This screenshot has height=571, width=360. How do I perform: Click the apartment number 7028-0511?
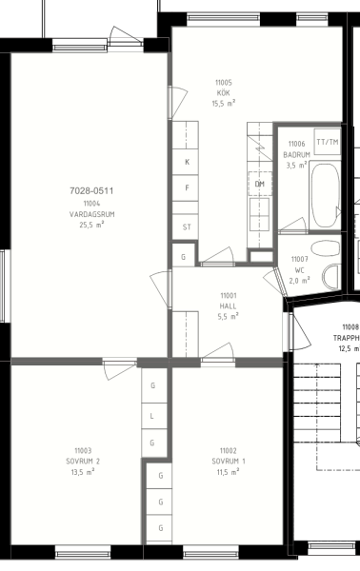[x=91, y=191]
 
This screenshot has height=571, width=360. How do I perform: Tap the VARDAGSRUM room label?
[x=91, y=214]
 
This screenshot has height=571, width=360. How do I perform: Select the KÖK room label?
[x=224, y=93]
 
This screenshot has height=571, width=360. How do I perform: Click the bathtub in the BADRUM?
[x=325, y=195]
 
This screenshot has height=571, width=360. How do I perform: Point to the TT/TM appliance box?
[x=328, y=142]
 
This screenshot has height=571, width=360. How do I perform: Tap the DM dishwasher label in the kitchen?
[x=260, y=184]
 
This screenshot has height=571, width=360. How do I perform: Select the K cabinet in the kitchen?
[x=186, y=162]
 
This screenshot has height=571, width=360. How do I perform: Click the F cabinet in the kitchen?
[x=186, y=187]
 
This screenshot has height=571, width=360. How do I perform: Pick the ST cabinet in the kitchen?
[x=186, y=227]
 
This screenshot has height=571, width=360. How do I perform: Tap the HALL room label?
[x=229, y=306]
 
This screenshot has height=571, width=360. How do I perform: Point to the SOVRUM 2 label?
[x=83, y=462]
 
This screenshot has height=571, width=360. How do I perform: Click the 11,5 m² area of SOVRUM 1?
[x=229, y=472]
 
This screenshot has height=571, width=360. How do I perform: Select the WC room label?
[x=299, y=270]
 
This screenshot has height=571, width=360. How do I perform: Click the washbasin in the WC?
[x=326, y=248]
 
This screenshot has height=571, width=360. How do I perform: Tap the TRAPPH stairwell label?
[x=346, y=338]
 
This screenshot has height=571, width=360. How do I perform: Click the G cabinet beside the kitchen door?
[x=183, y=257]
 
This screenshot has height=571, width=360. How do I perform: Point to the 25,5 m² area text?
[x=91, y=225]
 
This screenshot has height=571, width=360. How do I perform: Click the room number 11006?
[x=296, y=144]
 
